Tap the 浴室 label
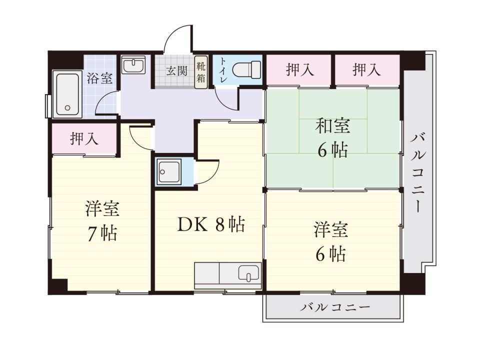coord(99,78)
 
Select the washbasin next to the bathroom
coord(133,65)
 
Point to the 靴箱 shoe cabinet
coord(201,72)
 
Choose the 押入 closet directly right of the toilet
coord(299,70)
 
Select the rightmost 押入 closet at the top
coord(366,70)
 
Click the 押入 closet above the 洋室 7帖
coord(84,138)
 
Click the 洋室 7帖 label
coord(102,220)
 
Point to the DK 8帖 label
coord(210,225)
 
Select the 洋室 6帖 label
coord(331,242)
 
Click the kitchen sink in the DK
coord(248,273)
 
